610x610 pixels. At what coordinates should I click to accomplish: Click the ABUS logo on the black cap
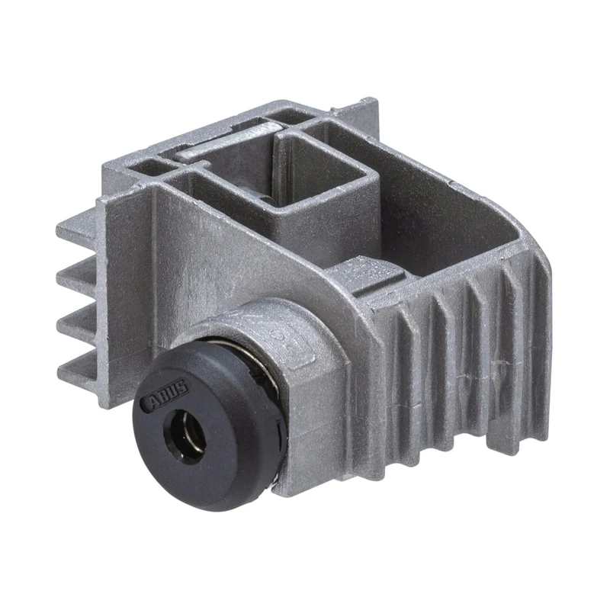click(x=169, y=393)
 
